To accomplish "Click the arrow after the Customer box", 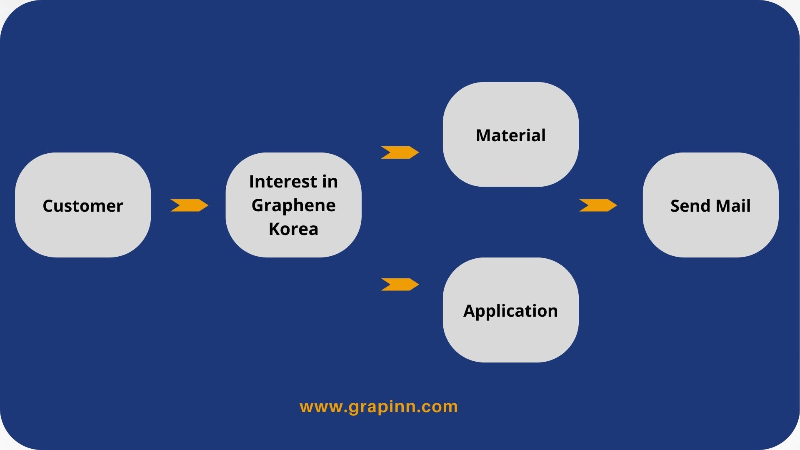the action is click(x=189, y=205).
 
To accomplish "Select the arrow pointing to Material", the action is click(x=400, y=152).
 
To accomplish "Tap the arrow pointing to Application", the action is click(x=400, y=285).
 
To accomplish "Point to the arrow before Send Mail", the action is click(x=598, y=205).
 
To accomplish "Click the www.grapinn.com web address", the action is click(x=379, y=407).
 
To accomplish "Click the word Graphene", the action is click(x=293, y=205).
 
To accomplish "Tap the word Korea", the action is click(x=293, y=229).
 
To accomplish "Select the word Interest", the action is click(x=282, y=182).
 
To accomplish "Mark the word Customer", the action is click(x=83, y=206).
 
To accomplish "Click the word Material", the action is click(x=510, y=135).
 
